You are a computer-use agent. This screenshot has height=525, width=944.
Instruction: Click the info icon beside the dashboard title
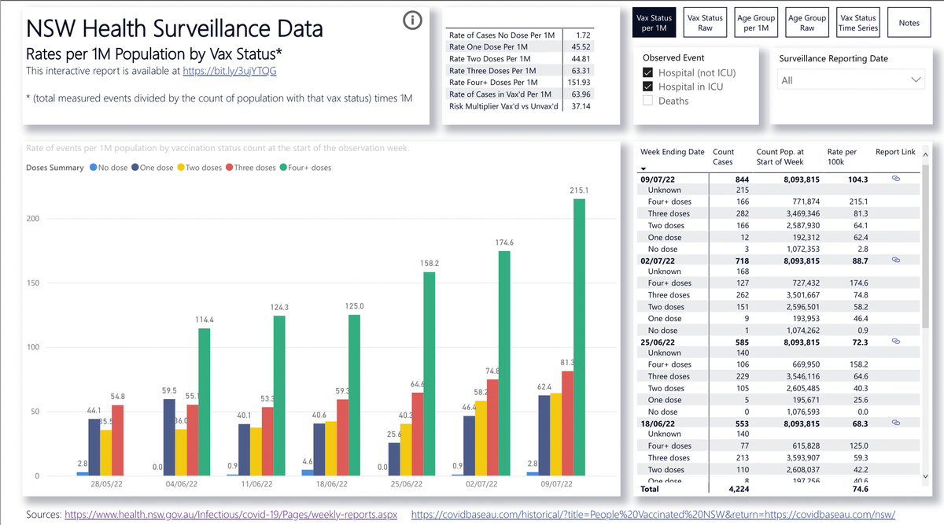[412, 21]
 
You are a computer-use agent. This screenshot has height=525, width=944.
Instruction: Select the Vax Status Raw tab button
[705, 23]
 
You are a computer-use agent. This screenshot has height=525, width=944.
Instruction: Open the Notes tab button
[909, 23]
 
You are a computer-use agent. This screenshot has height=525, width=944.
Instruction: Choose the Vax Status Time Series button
[857, 23]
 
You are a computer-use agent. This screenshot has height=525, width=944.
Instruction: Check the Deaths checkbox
[648, 101]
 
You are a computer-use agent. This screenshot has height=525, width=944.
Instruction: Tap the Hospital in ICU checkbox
[648, 87]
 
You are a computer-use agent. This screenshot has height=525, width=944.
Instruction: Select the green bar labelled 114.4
[204, 401]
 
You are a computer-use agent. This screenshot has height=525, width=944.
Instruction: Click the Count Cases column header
[723, 157]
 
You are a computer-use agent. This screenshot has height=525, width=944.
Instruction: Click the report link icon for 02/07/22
[895, 260]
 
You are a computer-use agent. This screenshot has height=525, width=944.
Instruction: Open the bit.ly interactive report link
[229, 71]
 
